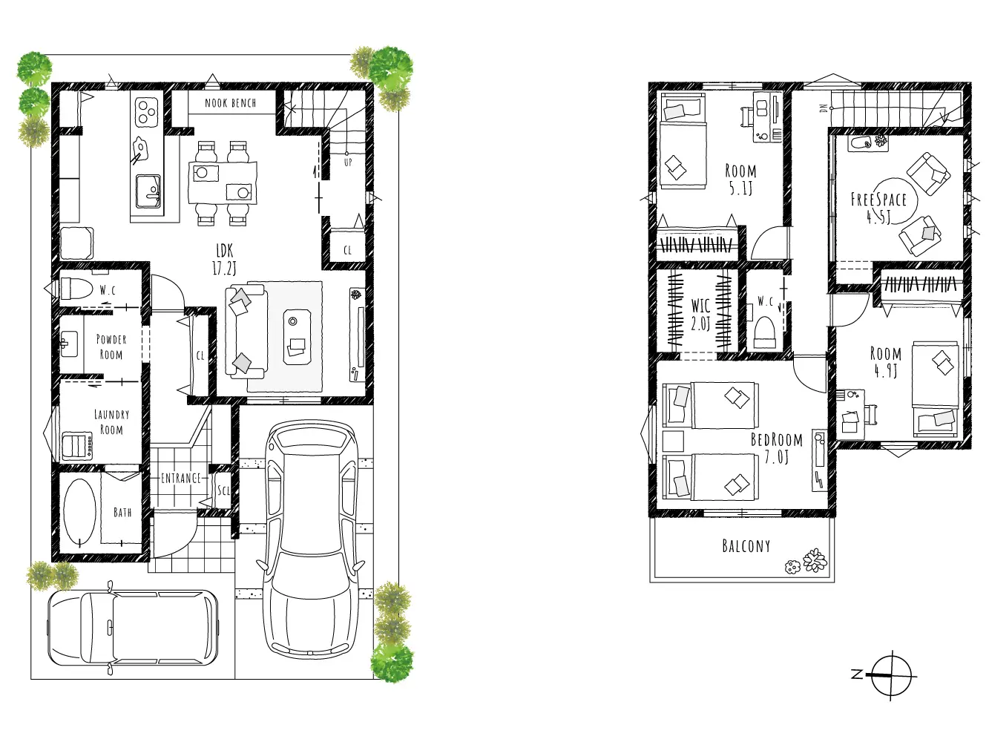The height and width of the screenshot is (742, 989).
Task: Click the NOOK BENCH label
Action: [x=230, y=103]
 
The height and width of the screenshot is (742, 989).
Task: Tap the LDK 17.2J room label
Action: [x=224, y=260]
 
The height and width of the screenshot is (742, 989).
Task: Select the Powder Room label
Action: [x=111, y=347]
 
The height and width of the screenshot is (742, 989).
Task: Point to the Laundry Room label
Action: [x=111, y=421]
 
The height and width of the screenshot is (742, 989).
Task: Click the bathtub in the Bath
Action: [x=79, y=513]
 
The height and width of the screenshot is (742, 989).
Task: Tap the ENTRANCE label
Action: [x=181, y=478]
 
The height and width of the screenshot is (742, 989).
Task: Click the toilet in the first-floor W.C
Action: [x=76, y=288]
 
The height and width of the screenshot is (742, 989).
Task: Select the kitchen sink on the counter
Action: [x=148, y=191]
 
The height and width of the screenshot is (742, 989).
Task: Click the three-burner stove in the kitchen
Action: [x=146, y=112]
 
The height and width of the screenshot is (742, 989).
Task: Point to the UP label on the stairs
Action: [x=348, y=162]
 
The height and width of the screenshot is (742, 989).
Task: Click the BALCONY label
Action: [x=746, y=546]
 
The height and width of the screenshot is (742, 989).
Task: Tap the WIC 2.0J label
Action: [x=700, y=315]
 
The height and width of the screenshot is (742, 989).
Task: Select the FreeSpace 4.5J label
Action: [x=878, y=208]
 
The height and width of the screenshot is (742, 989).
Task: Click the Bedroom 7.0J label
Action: [x=777, y=448]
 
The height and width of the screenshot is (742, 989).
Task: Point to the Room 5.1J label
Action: [x=740, y=180]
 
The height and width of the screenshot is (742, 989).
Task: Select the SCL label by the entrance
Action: [x=223, y=490]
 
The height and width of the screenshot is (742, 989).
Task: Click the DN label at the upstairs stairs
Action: [x=824, y=108]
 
